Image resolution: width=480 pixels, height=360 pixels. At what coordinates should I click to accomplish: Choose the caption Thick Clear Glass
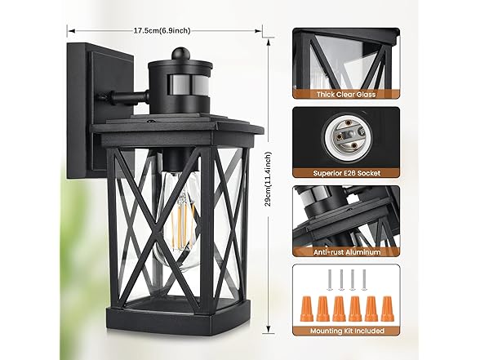pyautogui.click(x=345, y=94)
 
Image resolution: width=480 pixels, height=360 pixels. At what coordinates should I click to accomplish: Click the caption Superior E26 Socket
pyautogui.click(x=345, y=172)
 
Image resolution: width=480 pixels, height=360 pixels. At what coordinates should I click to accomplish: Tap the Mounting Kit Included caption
pyautogui.click(x=345, y=330)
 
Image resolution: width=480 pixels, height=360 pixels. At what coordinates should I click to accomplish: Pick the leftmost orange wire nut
pyautogui.click(x=307, y=309)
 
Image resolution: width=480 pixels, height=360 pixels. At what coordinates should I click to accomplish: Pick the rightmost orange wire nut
pyautogui.click(x=386, y=309)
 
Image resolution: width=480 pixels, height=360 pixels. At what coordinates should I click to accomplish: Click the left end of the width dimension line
pyautogui.click(x=69, y=30)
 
